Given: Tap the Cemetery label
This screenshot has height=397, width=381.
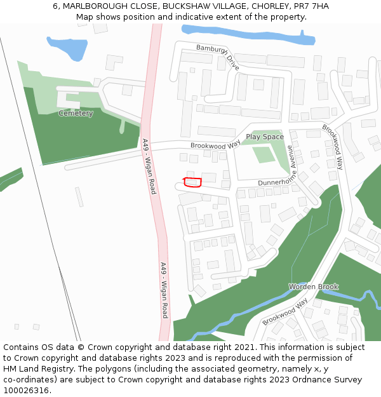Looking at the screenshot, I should [76, 114].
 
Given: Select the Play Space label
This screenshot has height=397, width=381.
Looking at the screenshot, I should [265, 137].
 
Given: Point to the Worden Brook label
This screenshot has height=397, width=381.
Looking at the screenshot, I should [314, 286].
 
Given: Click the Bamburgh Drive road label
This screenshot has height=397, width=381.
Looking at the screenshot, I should [218, 56].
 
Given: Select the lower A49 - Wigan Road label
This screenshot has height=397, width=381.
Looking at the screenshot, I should [164, 290].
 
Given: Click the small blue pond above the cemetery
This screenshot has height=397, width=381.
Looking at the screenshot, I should [66, 46].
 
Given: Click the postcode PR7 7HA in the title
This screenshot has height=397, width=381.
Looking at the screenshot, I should [312, 6].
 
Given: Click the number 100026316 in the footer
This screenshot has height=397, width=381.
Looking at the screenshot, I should [25, 391].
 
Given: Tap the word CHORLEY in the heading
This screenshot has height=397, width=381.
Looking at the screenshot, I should [269, 6].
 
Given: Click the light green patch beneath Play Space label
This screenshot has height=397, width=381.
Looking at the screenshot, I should [263, 154].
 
